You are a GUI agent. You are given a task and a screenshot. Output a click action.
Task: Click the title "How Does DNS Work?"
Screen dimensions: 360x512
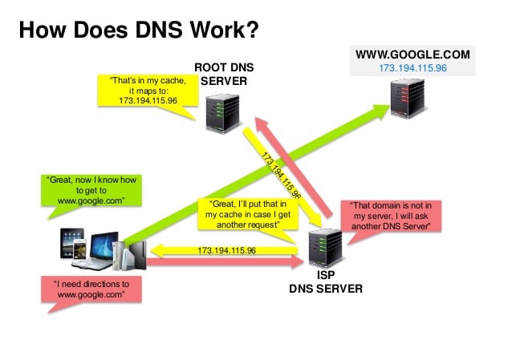138,30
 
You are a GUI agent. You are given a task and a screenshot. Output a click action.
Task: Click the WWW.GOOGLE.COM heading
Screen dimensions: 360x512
412,55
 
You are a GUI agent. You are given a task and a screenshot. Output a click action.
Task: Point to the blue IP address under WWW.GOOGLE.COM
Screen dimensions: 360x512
412,68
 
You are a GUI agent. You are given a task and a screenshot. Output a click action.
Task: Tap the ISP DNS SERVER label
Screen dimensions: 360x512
325,281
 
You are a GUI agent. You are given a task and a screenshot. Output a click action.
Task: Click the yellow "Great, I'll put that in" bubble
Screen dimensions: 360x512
242,214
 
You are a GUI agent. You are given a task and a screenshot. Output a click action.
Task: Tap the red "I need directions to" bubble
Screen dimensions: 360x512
91,289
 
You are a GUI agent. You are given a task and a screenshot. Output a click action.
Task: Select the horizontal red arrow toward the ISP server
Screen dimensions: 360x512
225,262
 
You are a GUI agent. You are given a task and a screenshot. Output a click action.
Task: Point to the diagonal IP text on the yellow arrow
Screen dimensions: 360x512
280,172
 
